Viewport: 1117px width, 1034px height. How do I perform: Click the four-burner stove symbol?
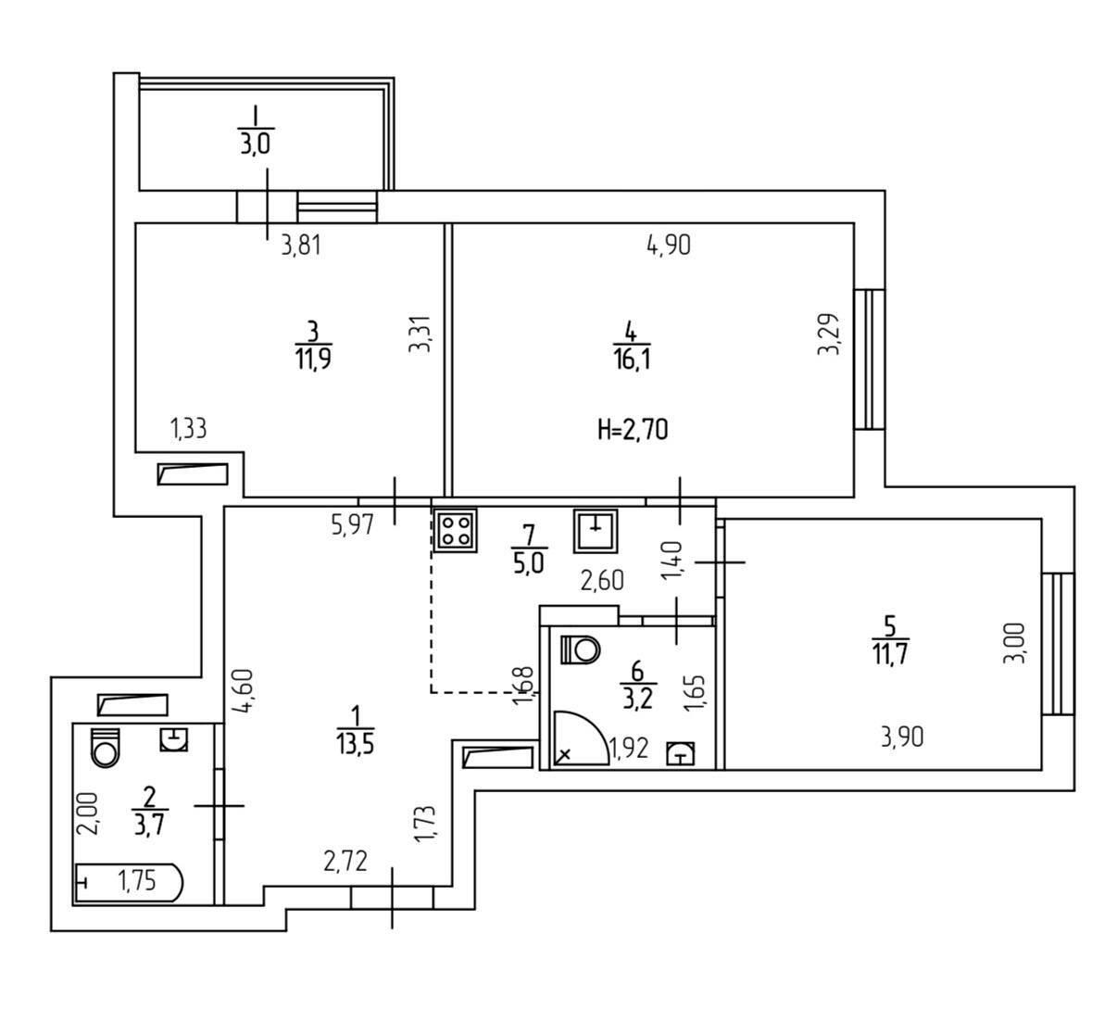tap(456, 530)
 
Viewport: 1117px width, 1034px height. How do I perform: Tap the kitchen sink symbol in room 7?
tap(595, 531)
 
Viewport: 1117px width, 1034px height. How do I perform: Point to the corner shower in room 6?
tap(581, 738)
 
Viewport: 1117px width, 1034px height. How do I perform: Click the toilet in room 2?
tap(106, 748)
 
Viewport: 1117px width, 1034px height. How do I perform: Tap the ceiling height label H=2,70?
tap(633, 431)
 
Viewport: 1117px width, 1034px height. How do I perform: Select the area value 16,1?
tap(633, 359)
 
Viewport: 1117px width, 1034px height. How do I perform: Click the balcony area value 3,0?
tap(256, 144)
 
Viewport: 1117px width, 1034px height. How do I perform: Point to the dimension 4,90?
tap(669, 246)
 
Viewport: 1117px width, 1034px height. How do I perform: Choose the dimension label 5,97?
tap(353, 524)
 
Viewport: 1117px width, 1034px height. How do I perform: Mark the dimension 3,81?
tap(301, 246)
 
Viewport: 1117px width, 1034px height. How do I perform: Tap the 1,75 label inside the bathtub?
tap(137, 881)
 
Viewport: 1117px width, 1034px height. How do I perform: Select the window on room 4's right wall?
tap(870, 359)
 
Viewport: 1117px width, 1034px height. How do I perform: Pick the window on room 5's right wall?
tap(1058, 644)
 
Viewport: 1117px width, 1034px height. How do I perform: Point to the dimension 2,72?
tap(345, 862)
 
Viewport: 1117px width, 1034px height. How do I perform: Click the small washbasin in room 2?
tap(174, 739)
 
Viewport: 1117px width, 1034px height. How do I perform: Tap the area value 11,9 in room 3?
tap(313, 359)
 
